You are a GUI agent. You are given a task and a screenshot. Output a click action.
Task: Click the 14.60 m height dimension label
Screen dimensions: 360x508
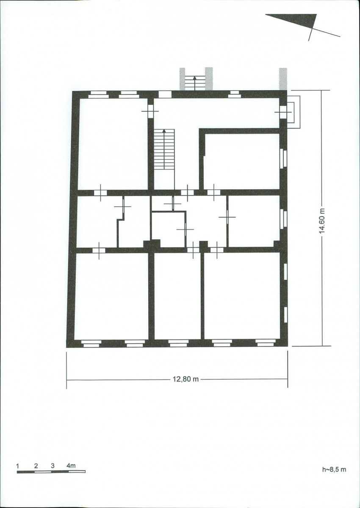click(x=323, y=221)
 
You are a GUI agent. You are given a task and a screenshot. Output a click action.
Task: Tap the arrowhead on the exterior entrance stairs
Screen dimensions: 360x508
click(x=194, y=78)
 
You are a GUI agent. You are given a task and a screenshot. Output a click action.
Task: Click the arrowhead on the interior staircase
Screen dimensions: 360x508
click(x=164, y=131)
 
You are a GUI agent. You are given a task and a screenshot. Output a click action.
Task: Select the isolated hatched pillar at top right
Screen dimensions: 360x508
click(x=283, y=79)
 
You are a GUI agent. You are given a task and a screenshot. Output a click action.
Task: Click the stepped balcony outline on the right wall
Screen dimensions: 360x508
click(x=294, y=112)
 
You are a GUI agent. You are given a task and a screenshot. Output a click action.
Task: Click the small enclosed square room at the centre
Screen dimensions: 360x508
click(x=168, y=230)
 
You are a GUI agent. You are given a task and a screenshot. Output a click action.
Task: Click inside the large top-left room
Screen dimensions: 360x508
click(x=113, y=144)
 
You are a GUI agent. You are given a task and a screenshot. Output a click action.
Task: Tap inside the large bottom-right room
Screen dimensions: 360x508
click(x=242, y=296)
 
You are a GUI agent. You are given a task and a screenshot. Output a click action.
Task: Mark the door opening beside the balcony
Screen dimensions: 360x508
click(x=283, y=112)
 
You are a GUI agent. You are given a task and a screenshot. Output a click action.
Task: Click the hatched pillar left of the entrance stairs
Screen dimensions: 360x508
click(x=183, y=79)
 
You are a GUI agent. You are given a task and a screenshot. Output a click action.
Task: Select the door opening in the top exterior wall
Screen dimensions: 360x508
click(x=165, y=94)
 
